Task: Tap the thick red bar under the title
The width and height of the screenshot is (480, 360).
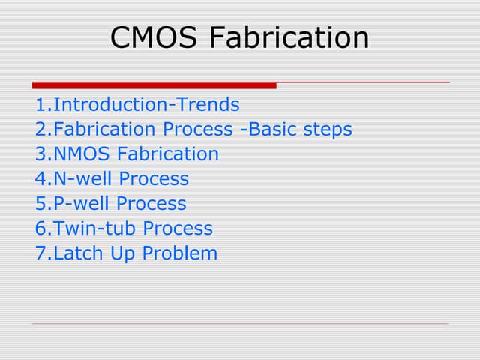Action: click(154, 85)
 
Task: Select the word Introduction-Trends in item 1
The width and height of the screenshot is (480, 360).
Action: click(147, 105)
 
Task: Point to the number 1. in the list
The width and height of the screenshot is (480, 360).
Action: click(43, 105)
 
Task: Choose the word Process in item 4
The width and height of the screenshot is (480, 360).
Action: click(154, 179)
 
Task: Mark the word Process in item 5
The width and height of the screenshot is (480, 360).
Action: click(152, 204)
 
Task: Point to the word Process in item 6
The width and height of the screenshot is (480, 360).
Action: click(178, 229)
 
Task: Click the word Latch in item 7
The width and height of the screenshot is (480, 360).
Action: click(78, 253)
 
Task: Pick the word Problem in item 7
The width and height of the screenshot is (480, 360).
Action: click(180, 253)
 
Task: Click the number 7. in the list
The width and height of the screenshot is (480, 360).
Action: click(43, 253)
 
